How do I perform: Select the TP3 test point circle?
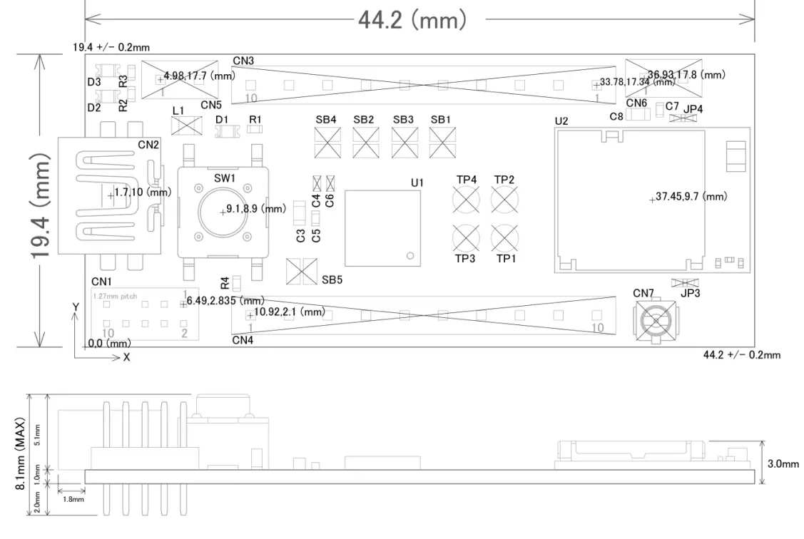(x=466, y=236)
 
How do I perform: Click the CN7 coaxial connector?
(x=654, y=321)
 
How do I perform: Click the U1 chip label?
(x=417, y=183)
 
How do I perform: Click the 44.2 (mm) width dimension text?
(x=412, y=19)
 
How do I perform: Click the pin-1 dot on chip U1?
(x=410, y=255)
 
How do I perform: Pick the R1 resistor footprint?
(x=255, y=130)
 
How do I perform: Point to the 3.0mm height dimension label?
(x=783, y=463)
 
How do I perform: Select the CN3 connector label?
(x=243, y=61)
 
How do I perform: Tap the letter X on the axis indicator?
(x=126, y=357)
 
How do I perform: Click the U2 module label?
(x=561, y=121)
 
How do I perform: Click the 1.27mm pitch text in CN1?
(x=115, y=295)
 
